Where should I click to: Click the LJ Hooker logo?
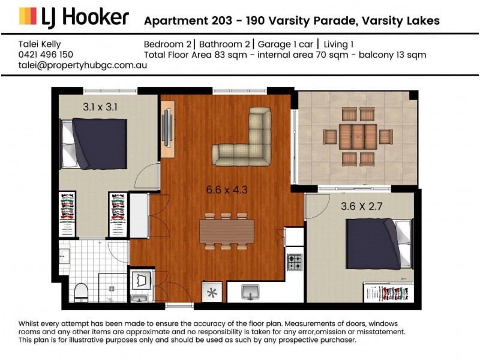tap(73, 17)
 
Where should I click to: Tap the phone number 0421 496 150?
tap(46, 55)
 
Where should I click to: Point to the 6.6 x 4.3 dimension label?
tap(227, 190)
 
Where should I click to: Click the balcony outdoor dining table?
tap(358, 137)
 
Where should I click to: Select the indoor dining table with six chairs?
tap(227, 230)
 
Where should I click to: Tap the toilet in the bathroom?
tap(81, 293)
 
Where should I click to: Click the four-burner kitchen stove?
tap(294, 262)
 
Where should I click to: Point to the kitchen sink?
tap(251, 292)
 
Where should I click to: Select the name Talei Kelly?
tap(40, 44)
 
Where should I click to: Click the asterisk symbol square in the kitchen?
tap(211, 293)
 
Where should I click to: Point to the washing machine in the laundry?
tap(142, 280)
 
